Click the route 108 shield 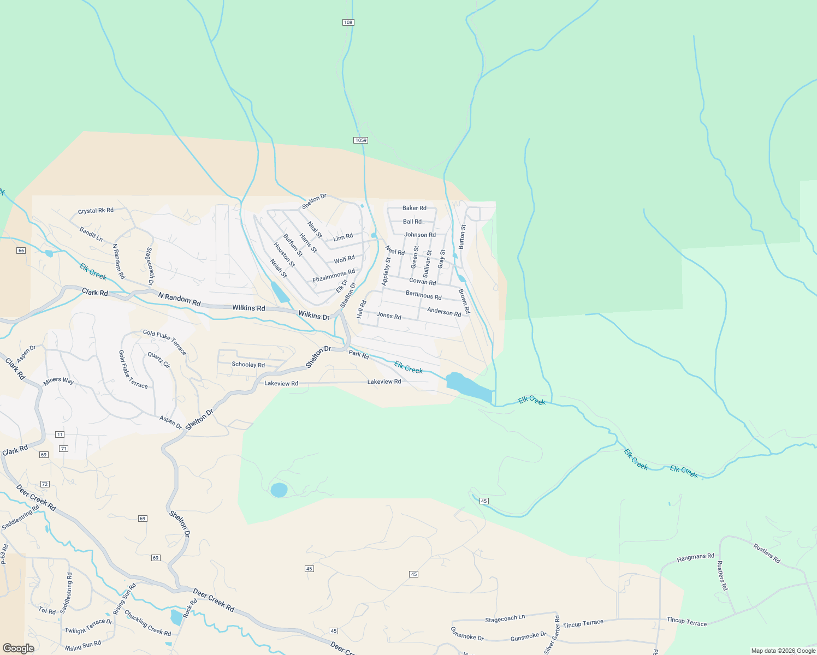pos(348,22)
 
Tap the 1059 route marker pos(360,140)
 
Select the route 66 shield pos(21,251)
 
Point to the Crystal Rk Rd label pos(96,211)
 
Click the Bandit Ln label pos(91,234)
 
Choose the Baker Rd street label pos(415,208)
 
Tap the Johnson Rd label pos(420,235)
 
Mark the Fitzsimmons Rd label pos(334,276)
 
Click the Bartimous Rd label pos(424,295)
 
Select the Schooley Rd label pos(248,365)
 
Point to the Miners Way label pos(58,381)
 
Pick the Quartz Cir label pos(159,360)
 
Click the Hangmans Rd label pos(695,557)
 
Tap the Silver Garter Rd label pos(553,634)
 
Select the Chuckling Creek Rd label pos(147,623)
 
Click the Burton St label pos(462,237)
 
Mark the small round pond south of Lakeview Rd pos(279,490)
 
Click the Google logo pos(18,648)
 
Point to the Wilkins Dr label pos(314,315)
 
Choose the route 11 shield pos(60,434)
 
